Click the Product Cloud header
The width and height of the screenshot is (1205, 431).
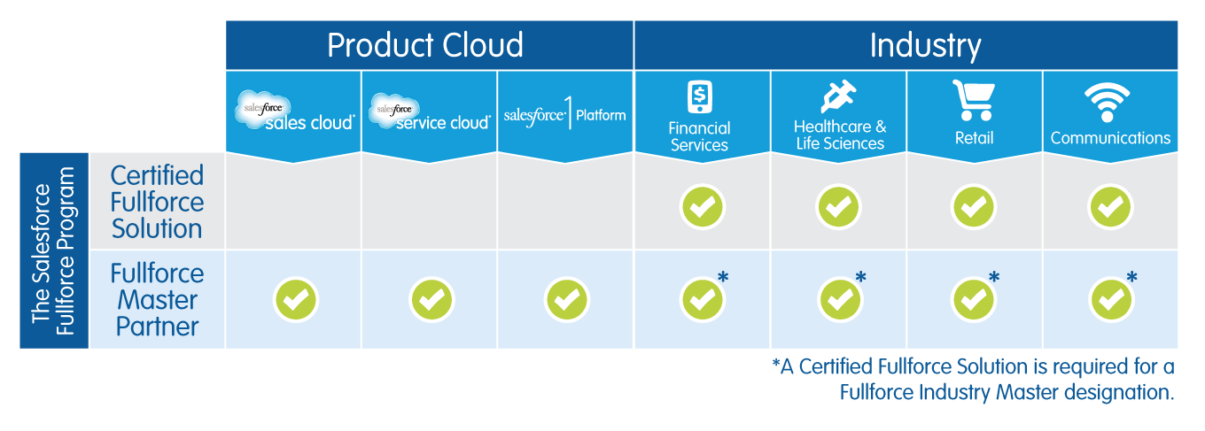point(425,45)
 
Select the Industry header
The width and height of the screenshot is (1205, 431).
point(925,45)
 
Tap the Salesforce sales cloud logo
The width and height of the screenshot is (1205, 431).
point(294,113)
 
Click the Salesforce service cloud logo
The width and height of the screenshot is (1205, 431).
point(430,113)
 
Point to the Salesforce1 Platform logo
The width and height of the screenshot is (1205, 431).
point(565,115)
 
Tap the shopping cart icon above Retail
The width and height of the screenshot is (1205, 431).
point(974,99)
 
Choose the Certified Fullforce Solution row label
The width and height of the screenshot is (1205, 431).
point(157,202)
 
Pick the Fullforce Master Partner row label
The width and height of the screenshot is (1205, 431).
point(157,300)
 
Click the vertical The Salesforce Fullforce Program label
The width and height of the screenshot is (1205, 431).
point(53,250)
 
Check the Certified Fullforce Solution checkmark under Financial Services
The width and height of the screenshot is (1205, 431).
point(702,207)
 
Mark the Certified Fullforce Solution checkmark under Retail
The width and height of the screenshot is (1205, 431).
point(974,207)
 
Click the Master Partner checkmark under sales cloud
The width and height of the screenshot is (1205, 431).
point(295,300)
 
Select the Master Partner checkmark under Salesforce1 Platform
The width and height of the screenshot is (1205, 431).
point(566,300)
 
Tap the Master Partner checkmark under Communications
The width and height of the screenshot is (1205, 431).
point(1109,300)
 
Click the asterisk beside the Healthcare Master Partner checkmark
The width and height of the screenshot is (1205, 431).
point(859,278)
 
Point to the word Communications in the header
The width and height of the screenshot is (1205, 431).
point(1110,138)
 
